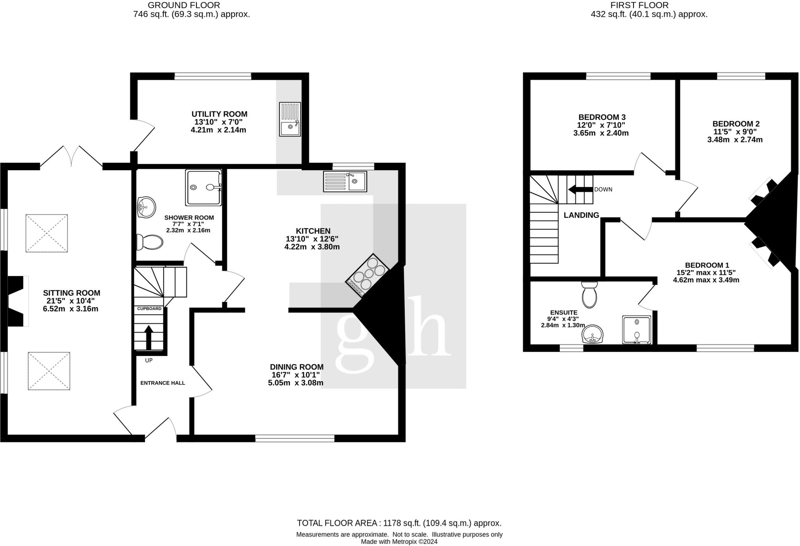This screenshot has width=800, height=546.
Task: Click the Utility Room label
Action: pyautogui.click(x=219, y=114)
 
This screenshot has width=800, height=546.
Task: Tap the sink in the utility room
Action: pyautogui.click(x=290, y=119)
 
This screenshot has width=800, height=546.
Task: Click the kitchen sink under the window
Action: pyautogui.click(x=345, y=181)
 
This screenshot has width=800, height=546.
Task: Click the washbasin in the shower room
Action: pyautogui.click(x=146, y=207)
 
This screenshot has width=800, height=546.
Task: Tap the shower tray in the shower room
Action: pyautogui.click(x=203, y=188)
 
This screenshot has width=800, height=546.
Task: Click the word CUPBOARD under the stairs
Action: pyautogui.click(x=149, y=309)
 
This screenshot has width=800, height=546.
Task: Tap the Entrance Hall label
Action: pyautogui.click(x=162, y=383)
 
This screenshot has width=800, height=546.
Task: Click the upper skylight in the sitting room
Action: pyautogui.click(x=46, y=233)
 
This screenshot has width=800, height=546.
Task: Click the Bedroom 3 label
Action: pyautogui.click(x=602, y=117)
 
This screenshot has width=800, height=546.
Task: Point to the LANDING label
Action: pyautogui.click(x=581, y=215)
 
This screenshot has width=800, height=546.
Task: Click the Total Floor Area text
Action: pyautogui.click(x=399, y=523)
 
